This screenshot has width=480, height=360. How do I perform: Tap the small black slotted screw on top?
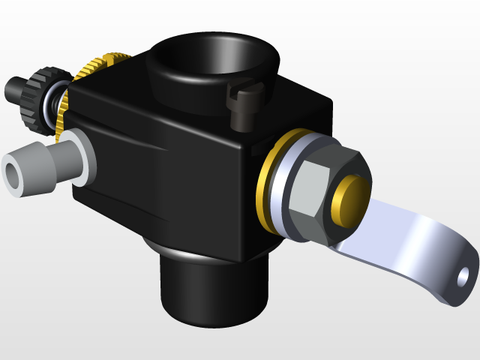(x=244, y=105)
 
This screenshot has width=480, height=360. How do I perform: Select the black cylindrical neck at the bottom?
(x=214, y=289)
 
